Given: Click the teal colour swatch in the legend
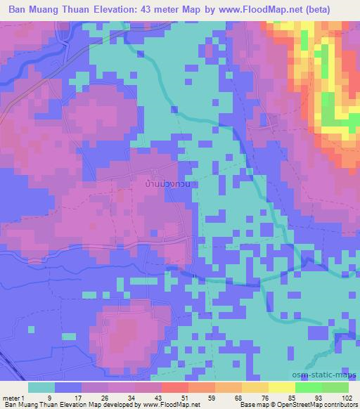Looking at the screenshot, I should point(41,387).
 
